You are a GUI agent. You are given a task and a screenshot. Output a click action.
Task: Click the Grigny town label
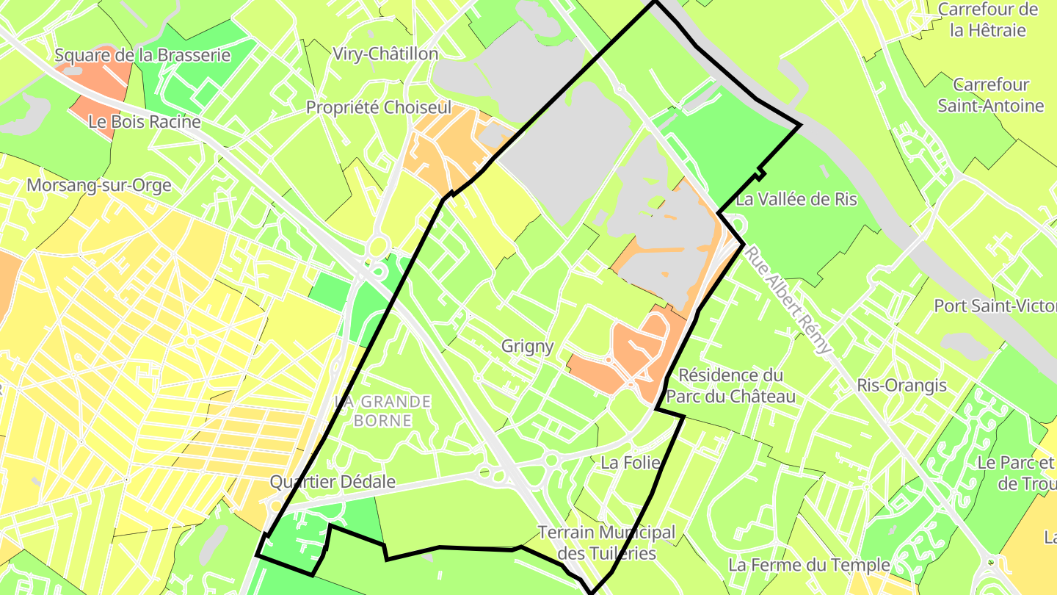(527, 346)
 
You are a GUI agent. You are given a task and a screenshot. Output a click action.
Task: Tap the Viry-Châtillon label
(385, 54)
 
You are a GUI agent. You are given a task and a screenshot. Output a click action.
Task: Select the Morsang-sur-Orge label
(98, 185)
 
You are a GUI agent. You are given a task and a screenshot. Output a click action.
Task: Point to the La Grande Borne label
(382, 411)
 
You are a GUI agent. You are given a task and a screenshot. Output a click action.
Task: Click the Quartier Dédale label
(333, 482)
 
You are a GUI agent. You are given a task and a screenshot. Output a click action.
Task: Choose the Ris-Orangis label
(902, 385)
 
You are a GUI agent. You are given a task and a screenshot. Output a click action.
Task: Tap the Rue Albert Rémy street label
(789, 299)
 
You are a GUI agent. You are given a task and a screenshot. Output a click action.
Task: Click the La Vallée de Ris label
(796, 199)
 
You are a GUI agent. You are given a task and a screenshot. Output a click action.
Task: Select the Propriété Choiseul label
(379, 107)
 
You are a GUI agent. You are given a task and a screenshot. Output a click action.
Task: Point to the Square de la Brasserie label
(142, 55)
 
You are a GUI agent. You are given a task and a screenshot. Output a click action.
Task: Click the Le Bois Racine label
(145, 122)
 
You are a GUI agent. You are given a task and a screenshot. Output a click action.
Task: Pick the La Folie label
(631, 463)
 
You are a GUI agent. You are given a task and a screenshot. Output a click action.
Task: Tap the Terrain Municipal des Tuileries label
(606, 542)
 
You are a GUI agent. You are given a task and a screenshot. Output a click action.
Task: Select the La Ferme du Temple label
(809, 565)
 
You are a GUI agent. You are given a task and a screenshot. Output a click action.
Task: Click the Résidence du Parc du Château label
(730, 386)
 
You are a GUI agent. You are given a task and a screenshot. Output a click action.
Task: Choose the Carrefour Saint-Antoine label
(991, 95)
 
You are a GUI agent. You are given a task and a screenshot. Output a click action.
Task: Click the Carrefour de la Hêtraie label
(988, 20)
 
